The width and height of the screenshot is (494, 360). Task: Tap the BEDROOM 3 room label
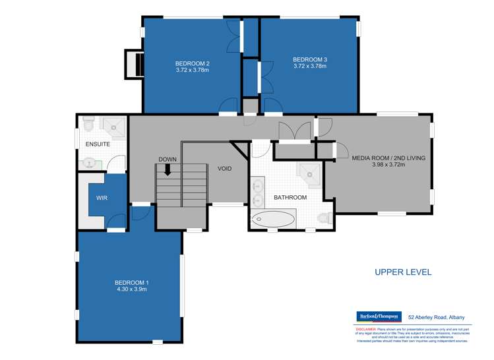(310, 60)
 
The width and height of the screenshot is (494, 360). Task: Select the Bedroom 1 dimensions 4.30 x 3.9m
(129, 289)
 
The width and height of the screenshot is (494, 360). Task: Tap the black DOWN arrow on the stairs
(168, 170)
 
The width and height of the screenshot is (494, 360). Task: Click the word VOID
(225, 169)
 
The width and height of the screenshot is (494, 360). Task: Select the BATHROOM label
(291, 198)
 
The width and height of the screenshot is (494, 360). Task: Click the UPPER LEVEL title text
(402, 271)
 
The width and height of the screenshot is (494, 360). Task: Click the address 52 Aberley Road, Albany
(437, 317)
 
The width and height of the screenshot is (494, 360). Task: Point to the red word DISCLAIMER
(365, 328)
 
